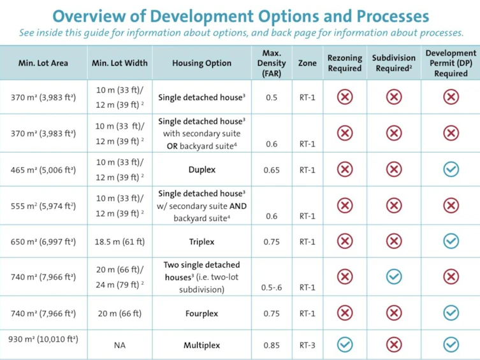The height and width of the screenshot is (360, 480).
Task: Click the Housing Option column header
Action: (x=201, y=63)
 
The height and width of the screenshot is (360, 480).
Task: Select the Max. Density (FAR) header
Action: (x=272, y=63)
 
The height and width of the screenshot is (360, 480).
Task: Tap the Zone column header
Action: (x=307, y=63)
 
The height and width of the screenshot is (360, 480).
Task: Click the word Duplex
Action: (x=201, y=169)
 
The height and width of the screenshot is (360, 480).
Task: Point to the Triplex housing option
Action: (x=201, y=241)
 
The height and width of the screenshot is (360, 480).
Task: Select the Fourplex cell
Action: (x=201, y=313)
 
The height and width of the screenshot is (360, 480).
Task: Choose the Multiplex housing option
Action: (x=201, y=345)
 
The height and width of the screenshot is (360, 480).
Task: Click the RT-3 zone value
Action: (x=307, y=345)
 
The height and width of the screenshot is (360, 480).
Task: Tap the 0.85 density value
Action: (x=272, y=345)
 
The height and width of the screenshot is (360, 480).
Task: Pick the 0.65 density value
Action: (x=272, y=170)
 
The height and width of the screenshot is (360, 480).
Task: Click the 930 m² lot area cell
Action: (x=43, y=339)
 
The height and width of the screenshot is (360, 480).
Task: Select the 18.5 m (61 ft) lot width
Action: (x=120, y=242)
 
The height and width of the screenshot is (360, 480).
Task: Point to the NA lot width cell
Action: (x=120, y=345)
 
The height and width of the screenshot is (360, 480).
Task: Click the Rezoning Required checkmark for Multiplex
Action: (x=345, y=345)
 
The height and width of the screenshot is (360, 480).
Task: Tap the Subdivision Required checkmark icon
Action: (x=394, y=277)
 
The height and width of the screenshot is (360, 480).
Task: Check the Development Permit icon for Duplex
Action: (x=451, y=169)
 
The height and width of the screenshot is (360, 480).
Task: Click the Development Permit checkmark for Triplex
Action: (x=451, y=241)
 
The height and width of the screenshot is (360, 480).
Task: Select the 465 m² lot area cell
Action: (x=43, y=170)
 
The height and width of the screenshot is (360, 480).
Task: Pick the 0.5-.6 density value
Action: (x=272, y=287)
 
